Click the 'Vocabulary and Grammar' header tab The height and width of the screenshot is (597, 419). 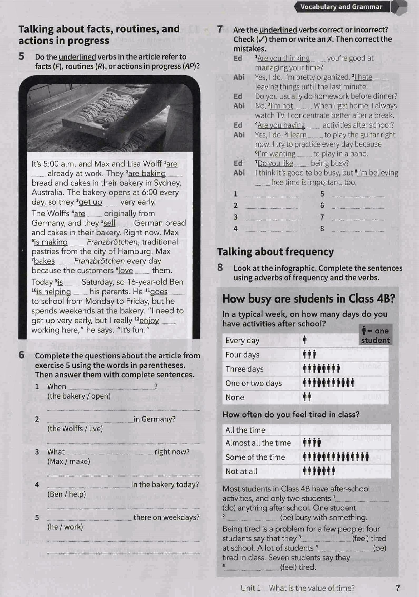[341, 7]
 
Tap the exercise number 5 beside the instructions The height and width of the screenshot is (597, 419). [22, 56]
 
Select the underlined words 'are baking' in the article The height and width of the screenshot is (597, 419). [147, 174]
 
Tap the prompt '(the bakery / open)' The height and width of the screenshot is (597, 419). [79, 396]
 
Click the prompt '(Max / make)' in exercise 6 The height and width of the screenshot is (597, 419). [68, 461]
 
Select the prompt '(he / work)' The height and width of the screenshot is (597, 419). [65, 527]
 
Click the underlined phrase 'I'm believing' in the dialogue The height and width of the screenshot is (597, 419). [378, 173]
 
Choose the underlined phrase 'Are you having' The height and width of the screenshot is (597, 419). [281, 125]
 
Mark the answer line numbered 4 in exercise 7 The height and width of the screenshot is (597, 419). [271, 229]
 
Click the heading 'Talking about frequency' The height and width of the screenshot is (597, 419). [275, 252]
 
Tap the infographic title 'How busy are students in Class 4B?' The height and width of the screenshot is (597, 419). [309, 299]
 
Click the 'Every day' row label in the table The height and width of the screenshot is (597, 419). [242, 341]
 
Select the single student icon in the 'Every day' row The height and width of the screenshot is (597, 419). [305, 340]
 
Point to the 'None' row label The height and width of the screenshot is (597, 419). [235, 397]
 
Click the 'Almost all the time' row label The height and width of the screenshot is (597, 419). [258, 443]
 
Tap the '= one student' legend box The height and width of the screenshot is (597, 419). [375, 335]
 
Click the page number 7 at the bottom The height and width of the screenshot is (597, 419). [398, 588]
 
